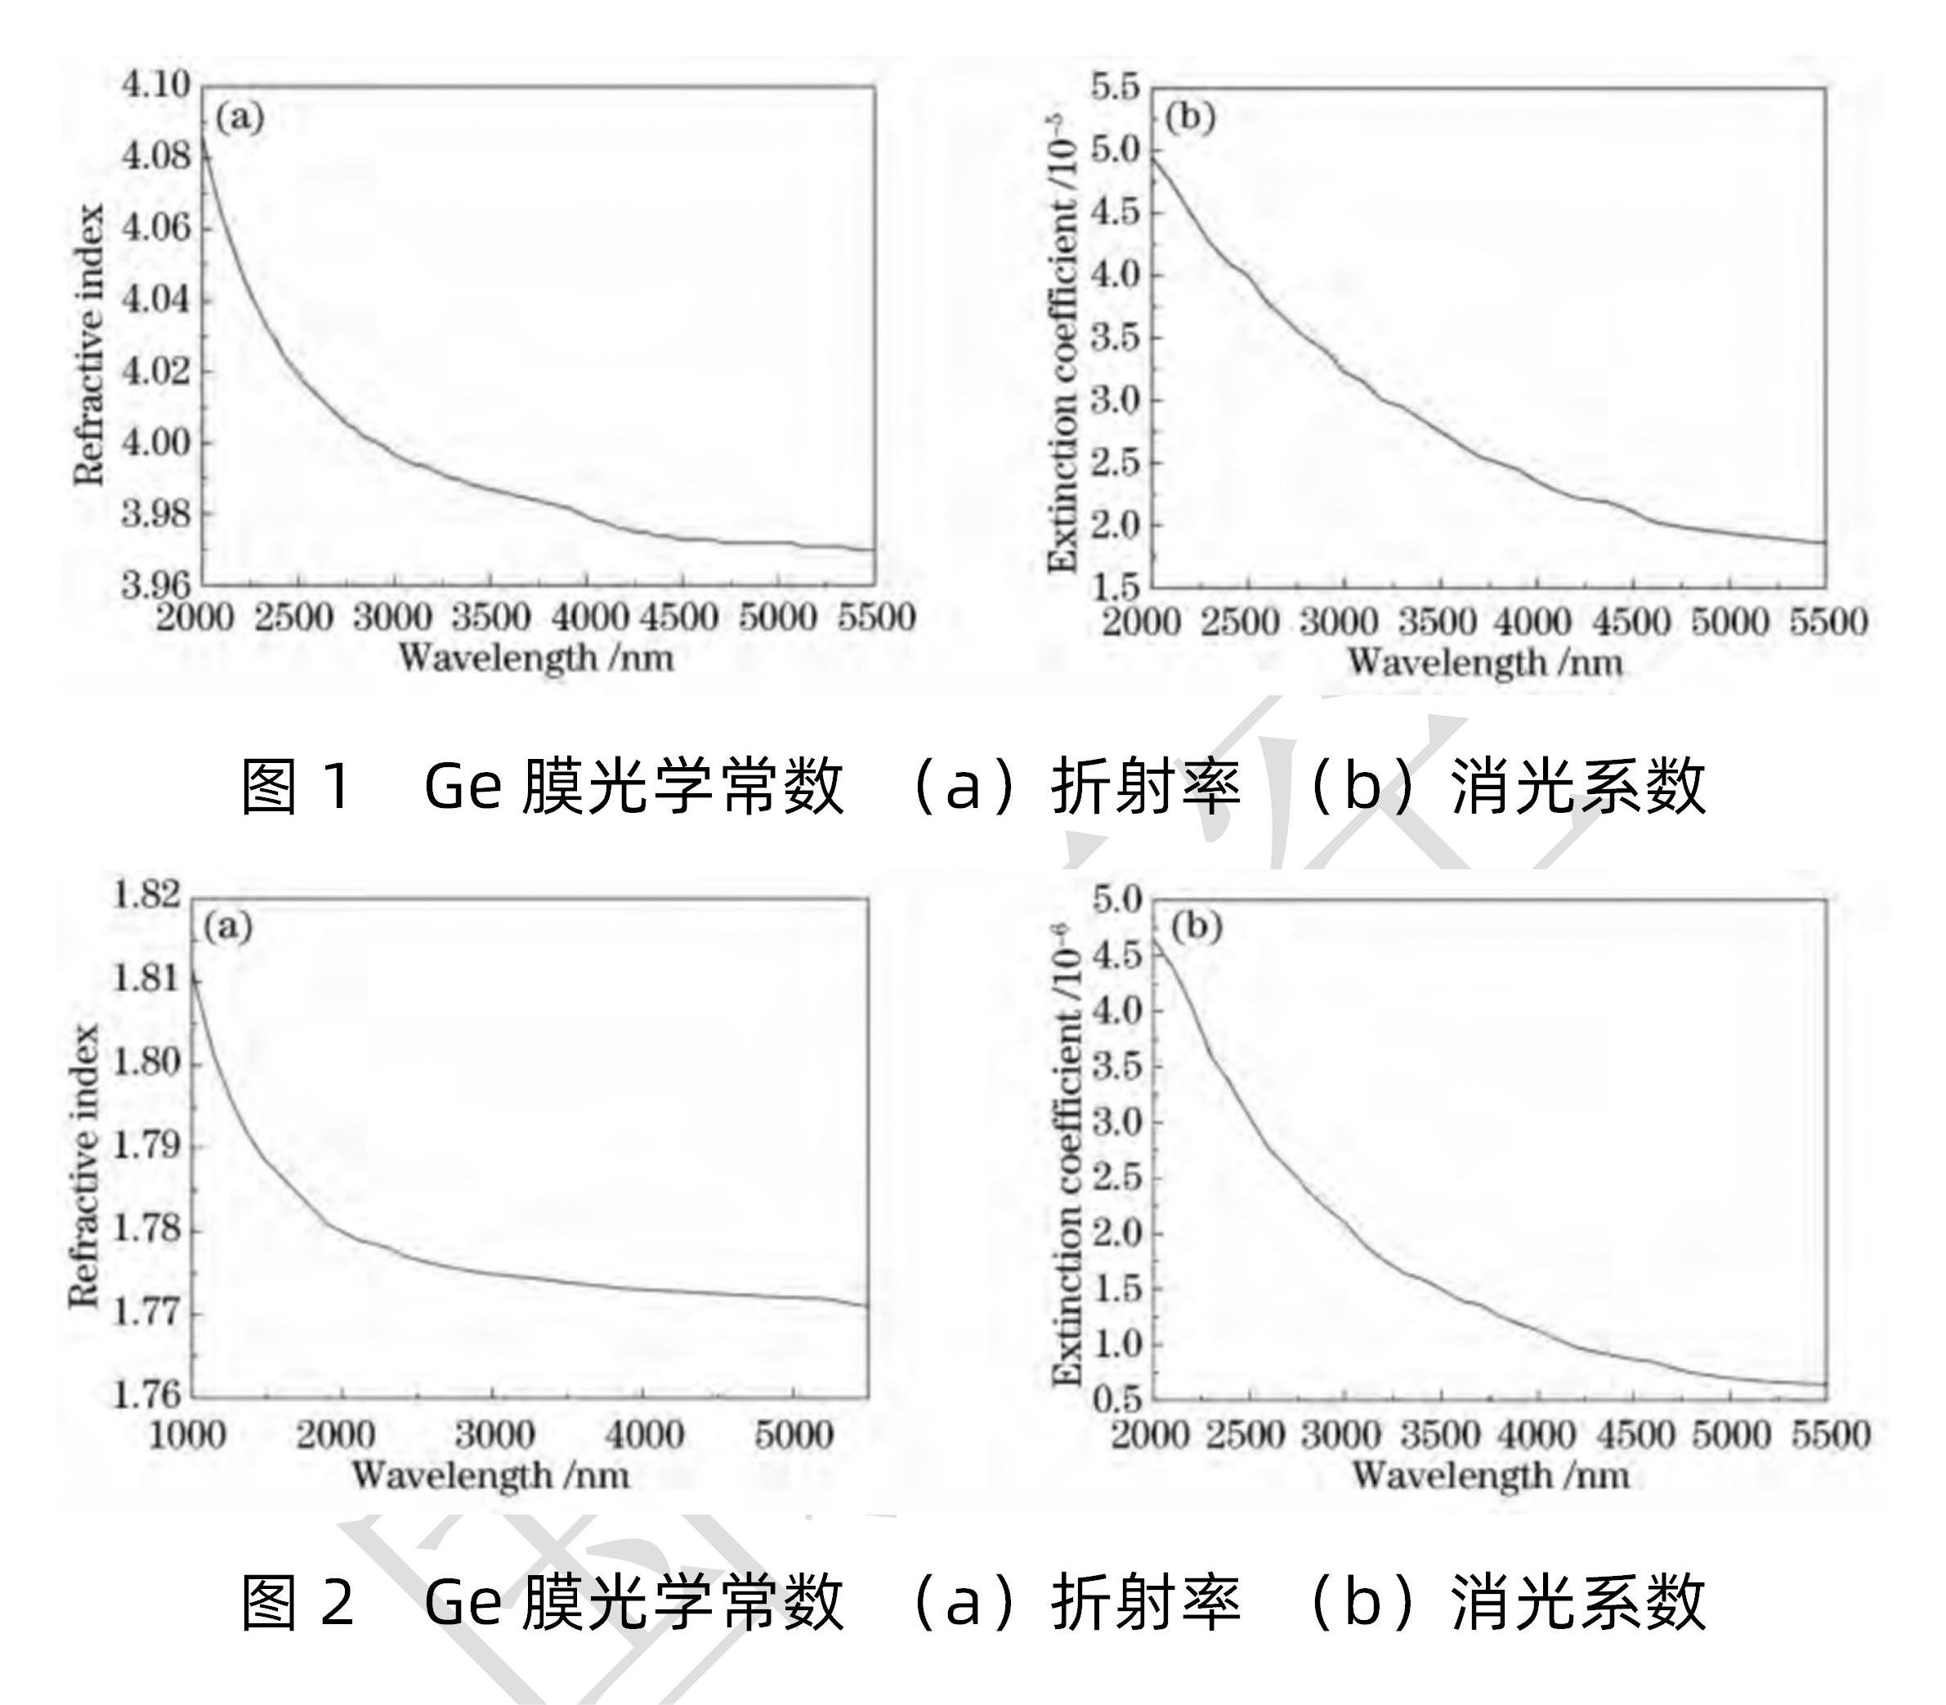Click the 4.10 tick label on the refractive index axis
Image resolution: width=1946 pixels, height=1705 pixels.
[155, 86]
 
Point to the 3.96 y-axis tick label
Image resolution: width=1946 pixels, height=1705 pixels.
[155, 582]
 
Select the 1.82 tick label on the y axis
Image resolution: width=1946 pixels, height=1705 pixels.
[145, 895]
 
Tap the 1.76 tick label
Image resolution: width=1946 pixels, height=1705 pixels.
[145, 1395]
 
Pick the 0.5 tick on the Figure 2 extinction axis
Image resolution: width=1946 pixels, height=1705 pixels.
[1117, 1399]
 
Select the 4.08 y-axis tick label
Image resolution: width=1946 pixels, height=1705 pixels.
[155, 155]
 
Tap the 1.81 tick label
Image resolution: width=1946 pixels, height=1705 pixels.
[145, 978]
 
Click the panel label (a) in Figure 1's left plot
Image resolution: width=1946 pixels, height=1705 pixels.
[239, 119]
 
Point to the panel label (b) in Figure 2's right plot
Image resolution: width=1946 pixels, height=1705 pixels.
[1195, 926]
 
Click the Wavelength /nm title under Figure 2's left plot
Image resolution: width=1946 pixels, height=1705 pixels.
[490, 1475]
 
